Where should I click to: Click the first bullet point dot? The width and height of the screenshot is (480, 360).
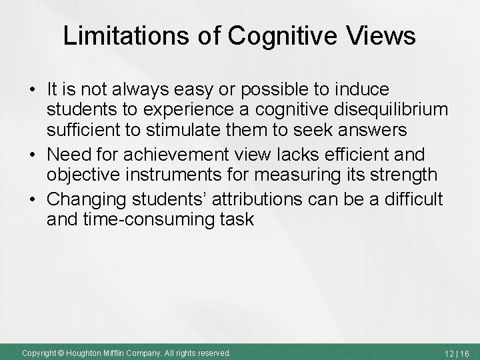[33, 89]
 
